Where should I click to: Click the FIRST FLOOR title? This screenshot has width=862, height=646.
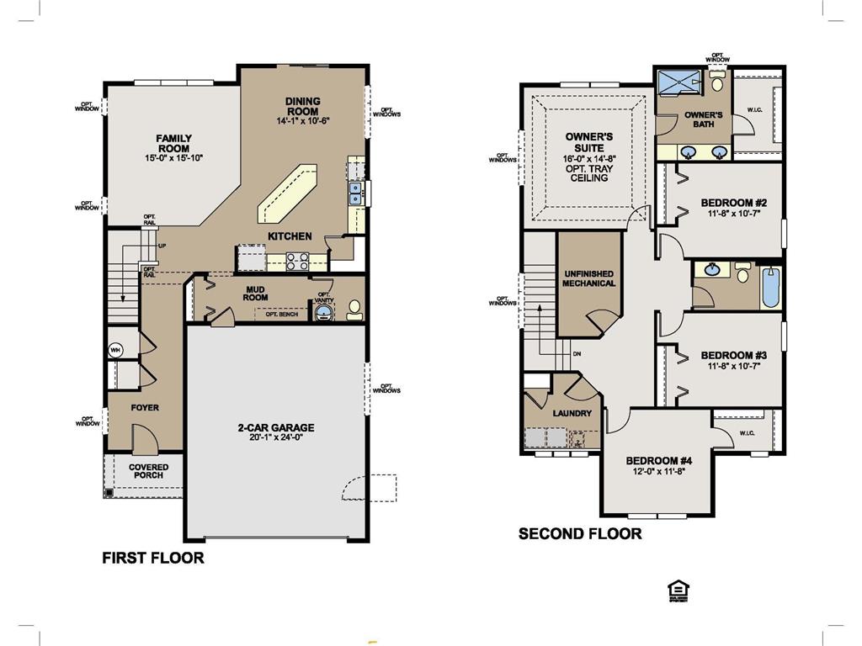click(152, 558)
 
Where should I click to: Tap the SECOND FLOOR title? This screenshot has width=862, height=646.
click(579, 533)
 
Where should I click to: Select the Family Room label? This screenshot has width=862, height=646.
click(173, 143)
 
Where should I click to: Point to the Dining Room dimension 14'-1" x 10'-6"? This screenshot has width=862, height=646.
click(303, 121)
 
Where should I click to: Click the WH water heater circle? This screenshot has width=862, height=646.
click(115, 349)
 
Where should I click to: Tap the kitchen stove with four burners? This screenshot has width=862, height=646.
click(298, 261)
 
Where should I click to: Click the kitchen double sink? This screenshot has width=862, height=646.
click(355, 194)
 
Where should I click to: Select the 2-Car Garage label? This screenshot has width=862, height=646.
click(275, 427)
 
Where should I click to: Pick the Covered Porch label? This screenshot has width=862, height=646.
click(148, 471)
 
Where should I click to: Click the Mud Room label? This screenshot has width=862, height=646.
click(256, 292)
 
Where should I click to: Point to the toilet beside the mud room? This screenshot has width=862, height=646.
click(353, 310)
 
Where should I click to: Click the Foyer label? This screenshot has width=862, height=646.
click(145, 408)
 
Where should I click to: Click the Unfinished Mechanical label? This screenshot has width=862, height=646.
click(589, 278)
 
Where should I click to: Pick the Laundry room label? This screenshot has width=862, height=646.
click(572, 414)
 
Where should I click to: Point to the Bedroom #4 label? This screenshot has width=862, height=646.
click(658, 460)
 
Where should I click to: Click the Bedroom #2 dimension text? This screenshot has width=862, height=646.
click(733, 214)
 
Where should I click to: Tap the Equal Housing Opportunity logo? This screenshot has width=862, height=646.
click(674, 590)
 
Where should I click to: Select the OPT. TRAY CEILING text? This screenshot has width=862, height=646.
click(589, 173)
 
